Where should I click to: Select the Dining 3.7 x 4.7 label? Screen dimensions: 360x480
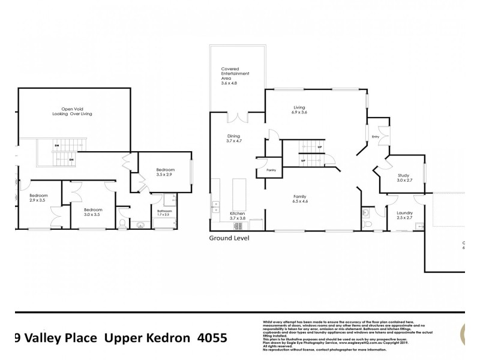click(x=233, y=139)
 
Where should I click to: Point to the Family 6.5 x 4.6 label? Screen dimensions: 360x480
click(x=300, y=199)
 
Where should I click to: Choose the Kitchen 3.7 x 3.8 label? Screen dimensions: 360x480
click(x=238, y=216)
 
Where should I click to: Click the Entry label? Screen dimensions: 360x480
click(x=376, y=137)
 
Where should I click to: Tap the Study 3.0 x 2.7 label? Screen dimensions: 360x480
click(x=404, y=178)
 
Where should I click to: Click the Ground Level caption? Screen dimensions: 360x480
click(x=229, y=238)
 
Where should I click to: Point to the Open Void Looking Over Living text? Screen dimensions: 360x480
click(x=72, y=111)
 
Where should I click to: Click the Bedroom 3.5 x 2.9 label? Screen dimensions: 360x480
click(x=164, y=172)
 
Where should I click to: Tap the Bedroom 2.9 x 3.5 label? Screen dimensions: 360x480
click(x=38, y=198)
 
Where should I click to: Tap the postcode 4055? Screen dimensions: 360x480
click(x=212, y=338)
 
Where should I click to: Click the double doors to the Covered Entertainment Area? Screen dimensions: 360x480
click(x=238, y=118)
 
